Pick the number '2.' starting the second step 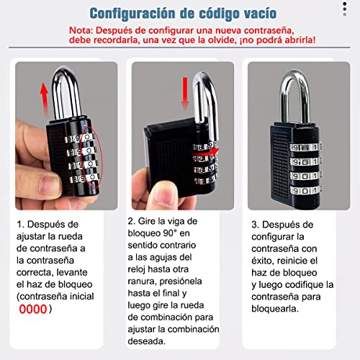click(x=132, y=221)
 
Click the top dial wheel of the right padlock click(x=305, y=146)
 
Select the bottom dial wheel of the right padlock click(x=305, y=190)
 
